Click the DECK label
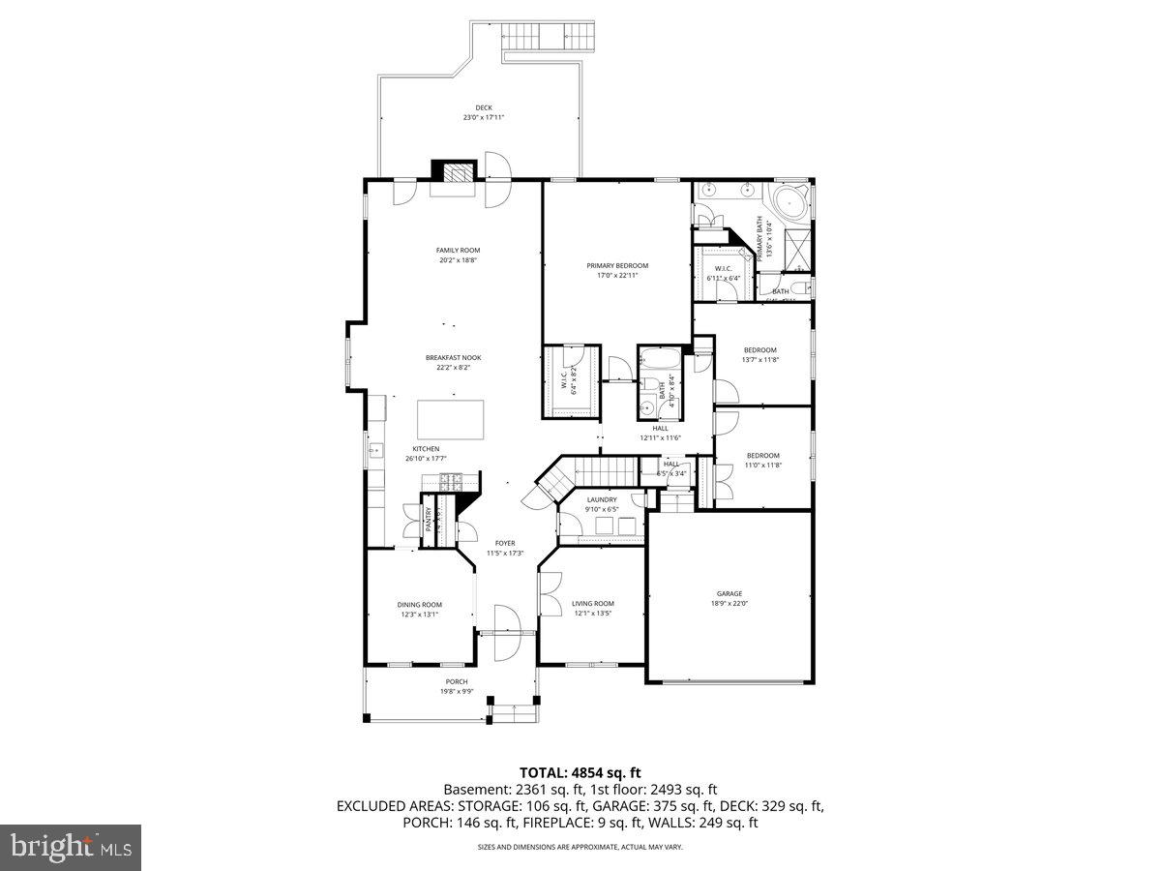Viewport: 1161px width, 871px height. pyautogui.click(x=483, y=107)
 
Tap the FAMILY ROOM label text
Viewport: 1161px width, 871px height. pyautogui.click(x=458, y=251)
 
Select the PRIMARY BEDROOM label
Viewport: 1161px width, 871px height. pyautogui.click(x=617, y=265)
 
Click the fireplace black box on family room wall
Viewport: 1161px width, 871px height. pyautogui.click(x=455, y=171)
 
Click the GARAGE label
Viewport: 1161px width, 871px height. pyautogui.click(x=729, y=593)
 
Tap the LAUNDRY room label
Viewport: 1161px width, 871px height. pyautogui.click(x=601, y=499)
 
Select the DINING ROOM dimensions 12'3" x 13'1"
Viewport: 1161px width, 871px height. pyautogui.click(x=419, y=614)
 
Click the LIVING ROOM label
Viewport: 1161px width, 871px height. pyautogui.click(x=593, y=603)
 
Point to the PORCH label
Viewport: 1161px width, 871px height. pyautogui.click(x=457, y=681)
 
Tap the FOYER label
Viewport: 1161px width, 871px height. pyautogui.click(x=505, y=543)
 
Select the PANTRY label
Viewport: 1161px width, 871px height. pyautogui.click(x=429, y=520)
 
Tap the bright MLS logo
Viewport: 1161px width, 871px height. pyautogui.click(x=72, y=847)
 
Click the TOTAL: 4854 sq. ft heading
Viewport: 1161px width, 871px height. pyautogui.click(x=580, y=772)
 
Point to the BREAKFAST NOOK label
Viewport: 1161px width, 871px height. pyautogui.click(x=453, y=358)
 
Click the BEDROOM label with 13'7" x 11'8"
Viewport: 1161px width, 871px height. pyautogui.click(x=759, y=349)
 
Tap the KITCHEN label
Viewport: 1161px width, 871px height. pyautogui.click(x=426, y=449)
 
